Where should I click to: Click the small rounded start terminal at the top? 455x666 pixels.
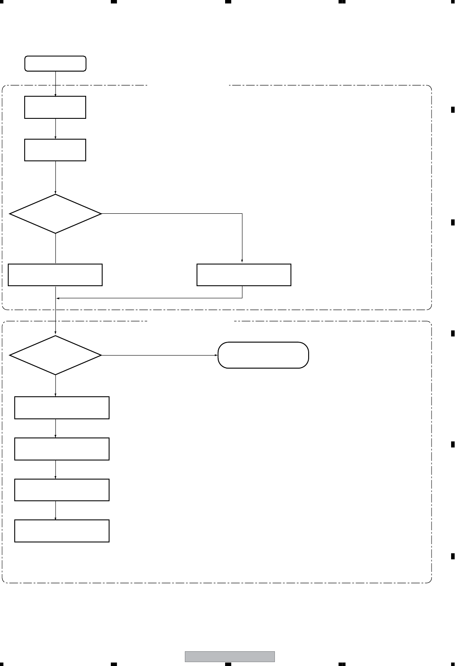coord(55,63)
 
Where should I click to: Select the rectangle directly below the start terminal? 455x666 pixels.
coord(55,107)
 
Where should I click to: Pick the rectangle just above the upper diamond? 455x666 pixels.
coord(55,150)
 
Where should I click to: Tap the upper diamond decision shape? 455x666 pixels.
coord(55,214)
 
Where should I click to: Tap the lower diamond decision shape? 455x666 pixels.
coord(55,355)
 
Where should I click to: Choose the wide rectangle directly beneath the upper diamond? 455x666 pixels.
coord(55,274)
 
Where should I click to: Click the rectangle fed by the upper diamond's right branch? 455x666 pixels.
coord(244,274)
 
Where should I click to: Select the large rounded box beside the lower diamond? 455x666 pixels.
coord(263,355)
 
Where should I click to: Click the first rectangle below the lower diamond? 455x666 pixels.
coord(62,408)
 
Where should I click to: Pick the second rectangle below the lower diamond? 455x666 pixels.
coord(62,449)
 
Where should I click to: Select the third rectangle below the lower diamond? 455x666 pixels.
coord(62,490)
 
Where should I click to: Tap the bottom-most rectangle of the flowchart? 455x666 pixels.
coord(62,531)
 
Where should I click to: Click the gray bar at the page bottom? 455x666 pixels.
coord(230,656)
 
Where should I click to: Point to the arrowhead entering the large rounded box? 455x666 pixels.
coord(216,355)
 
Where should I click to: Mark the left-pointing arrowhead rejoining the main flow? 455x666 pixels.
coord(58,298)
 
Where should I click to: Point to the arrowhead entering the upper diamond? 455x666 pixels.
coord(55,193)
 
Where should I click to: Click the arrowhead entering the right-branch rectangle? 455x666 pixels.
coord(242,261)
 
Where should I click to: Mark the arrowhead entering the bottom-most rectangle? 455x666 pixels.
coord(55,518)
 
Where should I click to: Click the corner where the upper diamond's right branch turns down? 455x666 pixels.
coord(242,214)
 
